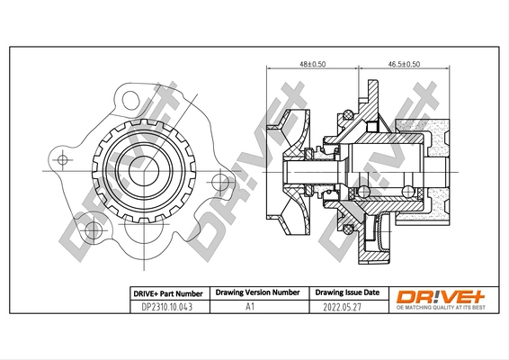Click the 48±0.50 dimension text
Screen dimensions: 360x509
click(x=312, y=65)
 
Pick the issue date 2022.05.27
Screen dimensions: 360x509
click(x=345, y=307)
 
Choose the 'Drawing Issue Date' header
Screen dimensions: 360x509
click(x=345, y=293)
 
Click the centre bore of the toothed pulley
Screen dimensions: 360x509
click(x=144, y=167)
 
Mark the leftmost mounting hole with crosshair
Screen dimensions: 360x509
click(x=62, y=159)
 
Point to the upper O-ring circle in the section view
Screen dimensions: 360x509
click(x=345, y=115)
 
